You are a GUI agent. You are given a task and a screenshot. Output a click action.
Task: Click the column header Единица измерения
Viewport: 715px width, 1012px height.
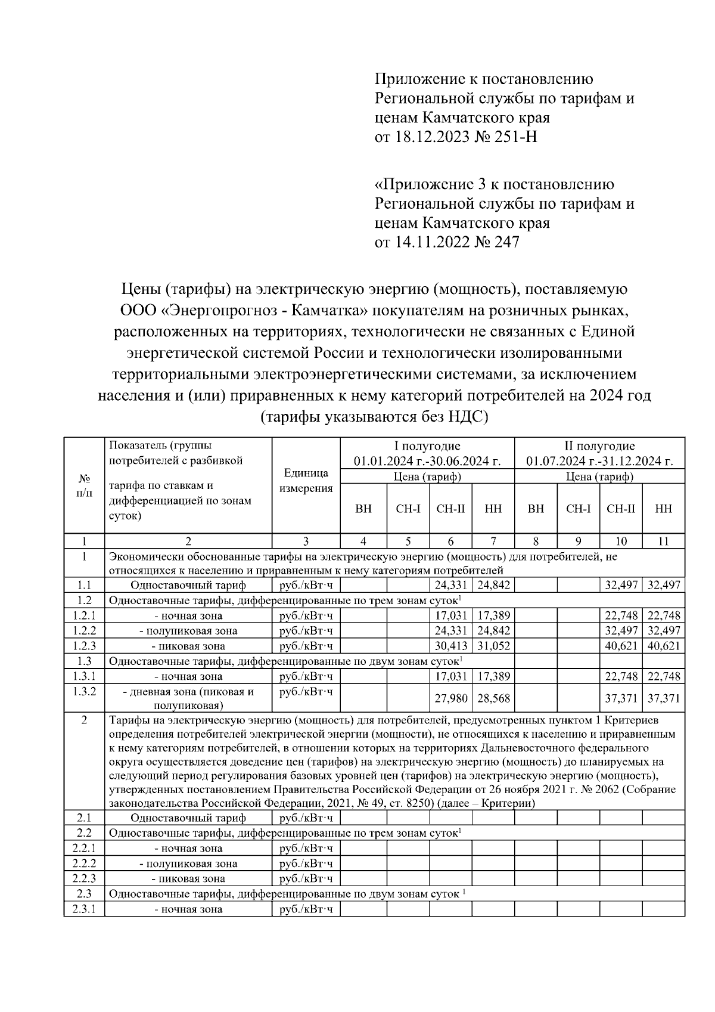click(306, 481)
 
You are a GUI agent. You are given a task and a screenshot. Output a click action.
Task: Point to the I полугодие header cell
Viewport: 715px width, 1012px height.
click(427, 453)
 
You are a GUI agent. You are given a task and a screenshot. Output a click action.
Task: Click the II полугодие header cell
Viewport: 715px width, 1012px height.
click(599, 453)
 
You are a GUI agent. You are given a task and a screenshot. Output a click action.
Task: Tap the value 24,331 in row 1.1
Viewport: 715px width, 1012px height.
click(450, 586)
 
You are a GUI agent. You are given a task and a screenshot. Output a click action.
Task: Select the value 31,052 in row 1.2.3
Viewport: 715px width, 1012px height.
click(493, 646)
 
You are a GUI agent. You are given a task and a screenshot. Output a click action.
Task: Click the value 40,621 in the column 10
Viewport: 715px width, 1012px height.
click(621, 646)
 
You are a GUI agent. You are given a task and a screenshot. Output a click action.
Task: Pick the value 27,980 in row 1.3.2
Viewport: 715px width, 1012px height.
click(450, 698)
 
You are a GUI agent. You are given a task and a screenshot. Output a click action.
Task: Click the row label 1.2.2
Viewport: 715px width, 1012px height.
click(84, 631)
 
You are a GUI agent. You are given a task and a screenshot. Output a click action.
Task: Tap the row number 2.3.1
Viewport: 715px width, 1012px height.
click(84, 909)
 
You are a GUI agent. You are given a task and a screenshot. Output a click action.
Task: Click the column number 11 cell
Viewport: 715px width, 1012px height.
click(663, 541)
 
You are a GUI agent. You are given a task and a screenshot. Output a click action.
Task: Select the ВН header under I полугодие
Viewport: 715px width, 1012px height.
click(363, 509)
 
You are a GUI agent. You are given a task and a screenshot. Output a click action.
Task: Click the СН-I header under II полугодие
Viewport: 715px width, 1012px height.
click(578, 509)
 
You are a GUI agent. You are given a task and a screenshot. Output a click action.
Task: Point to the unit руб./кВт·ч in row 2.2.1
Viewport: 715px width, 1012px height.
click(306, 849)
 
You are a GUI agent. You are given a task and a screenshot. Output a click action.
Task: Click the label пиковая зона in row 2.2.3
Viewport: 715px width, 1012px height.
click(188, 879)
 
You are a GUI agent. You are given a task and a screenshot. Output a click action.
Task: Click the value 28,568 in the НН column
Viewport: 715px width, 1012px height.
click(493, 698)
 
